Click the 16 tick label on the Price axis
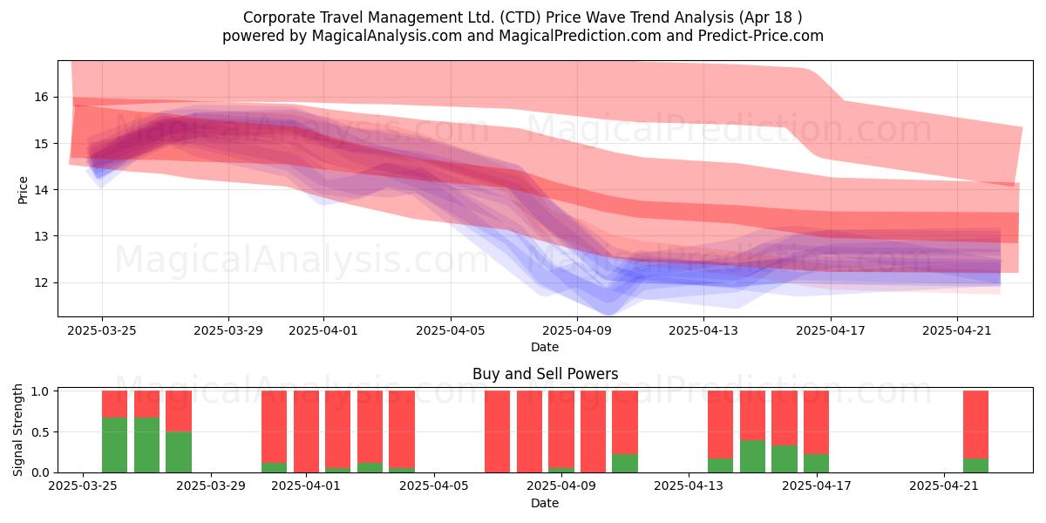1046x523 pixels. coord(41,97)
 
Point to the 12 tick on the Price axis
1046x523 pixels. coord(41,283)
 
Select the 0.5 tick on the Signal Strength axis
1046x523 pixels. coord(41,432)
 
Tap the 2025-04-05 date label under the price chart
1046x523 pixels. coord(451,330)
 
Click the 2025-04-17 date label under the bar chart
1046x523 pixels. coord(817,486)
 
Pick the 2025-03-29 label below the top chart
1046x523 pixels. coord(228,330)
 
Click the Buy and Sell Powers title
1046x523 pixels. coord(545,374)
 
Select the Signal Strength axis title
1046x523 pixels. coord(17,430)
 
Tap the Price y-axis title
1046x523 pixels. coord(23,190)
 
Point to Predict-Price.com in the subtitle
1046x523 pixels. coord(761,36)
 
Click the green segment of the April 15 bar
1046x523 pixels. coord(752,456)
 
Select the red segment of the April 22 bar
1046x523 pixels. coord(975,425)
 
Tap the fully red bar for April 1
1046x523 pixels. coord(306,431)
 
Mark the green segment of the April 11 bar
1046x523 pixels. coord(625,463)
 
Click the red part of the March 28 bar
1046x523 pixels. coord(179,411)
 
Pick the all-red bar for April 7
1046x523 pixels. coord(498,431)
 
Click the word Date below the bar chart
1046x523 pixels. coord(545,503)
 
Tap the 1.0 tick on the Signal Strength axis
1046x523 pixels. coord(41,391)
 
